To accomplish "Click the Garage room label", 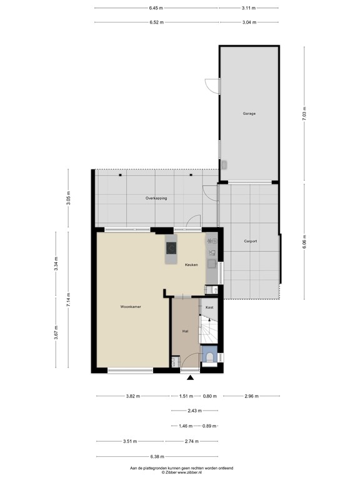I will [x=249, y=114].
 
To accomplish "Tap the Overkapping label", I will [x=156, y=198].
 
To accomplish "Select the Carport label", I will [x=251, y=241].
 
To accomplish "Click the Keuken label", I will [x=191, y=265].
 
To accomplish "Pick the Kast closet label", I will [x=209, y=307].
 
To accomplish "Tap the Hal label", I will [x=186, y=331].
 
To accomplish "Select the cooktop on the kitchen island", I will [x=171, y=249].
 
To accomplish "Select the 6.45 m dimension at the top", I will [x=156, y=8].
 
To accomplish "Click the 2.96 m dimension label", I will [x=251, y=396].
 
